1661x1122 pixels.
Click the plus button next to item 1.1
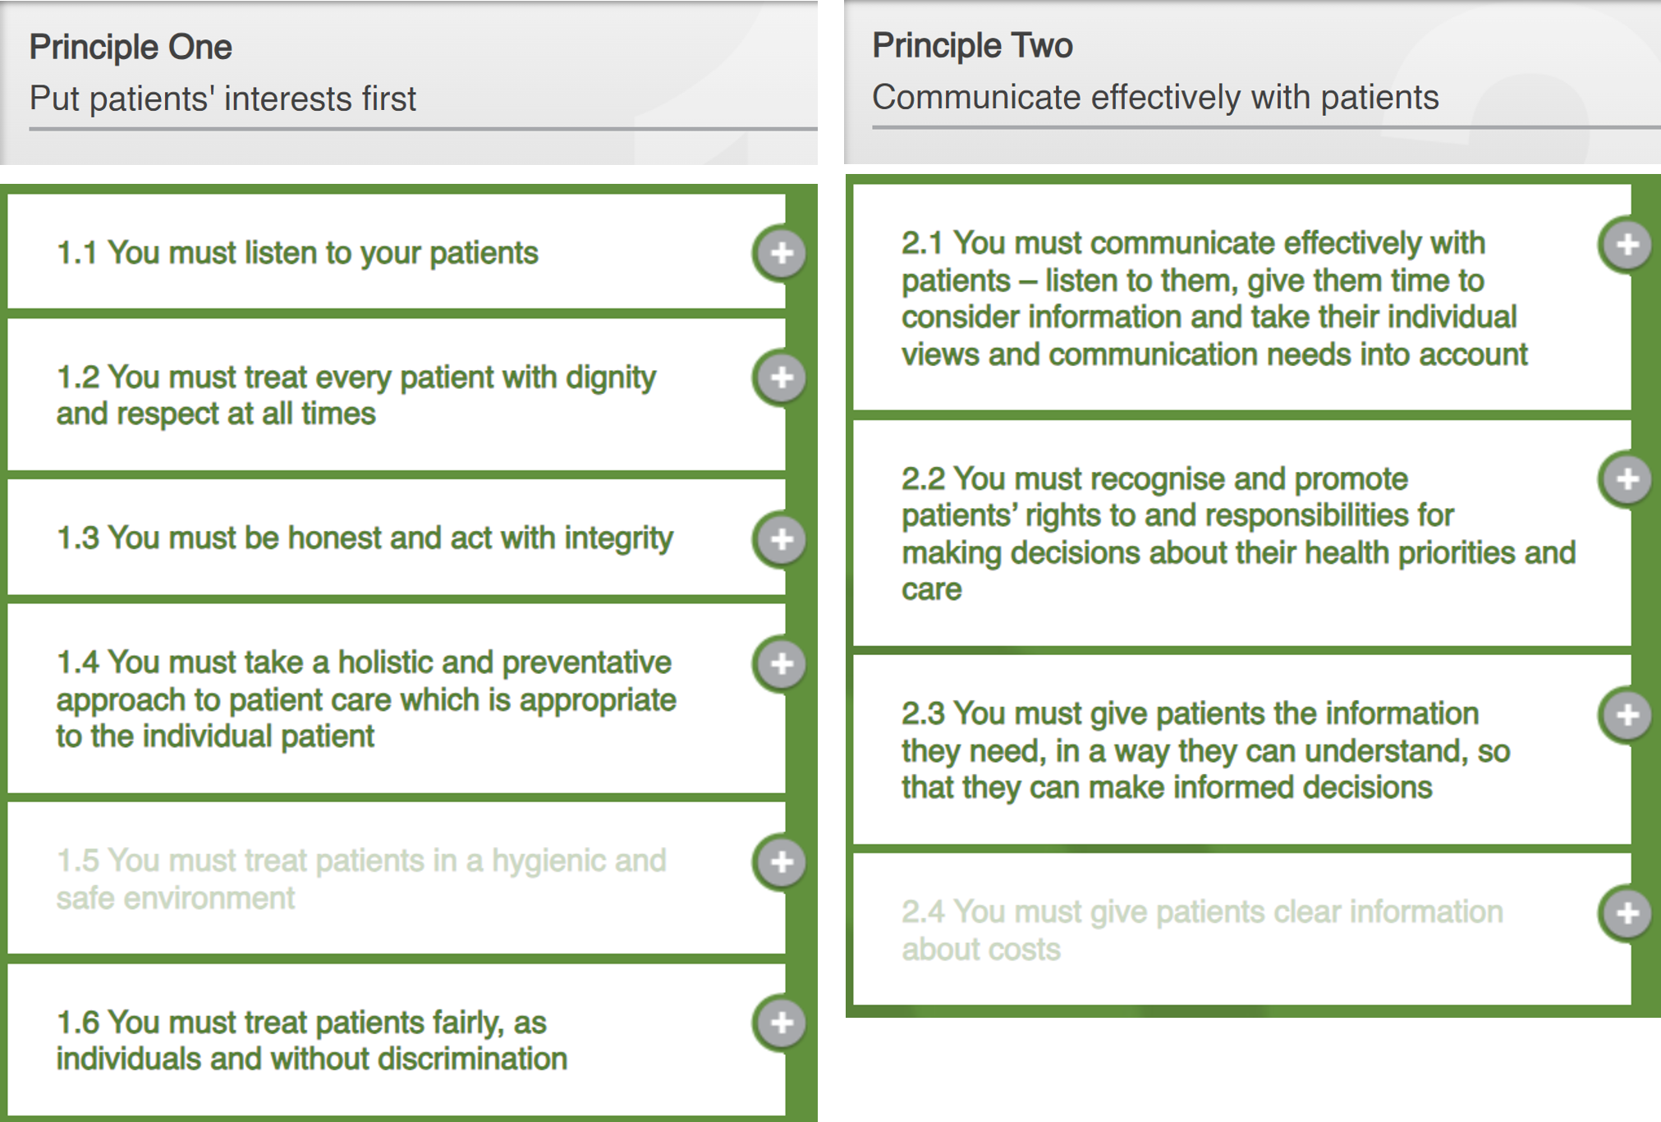coord(781,253)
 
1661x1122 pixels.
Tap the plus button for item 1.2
coord(781,378)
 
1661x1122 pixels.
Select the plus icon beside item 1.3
coord(781,539)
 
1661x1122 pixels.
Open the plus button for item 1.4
coord(781,663)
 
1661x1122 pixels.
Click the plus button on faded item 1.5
coord(781,862)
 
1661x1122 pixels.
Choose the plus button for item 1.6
coord(781,1023)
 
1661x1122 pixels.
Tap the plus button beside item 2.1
coord(1627,245)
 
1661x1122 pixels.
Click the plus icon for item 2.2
coord(1627,479)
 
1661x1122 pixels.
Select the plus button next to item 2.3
coord(1627,715)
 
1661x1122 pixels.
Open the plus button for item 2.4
coord(1627,913)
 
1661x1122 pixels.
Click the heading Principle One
coord(131,47)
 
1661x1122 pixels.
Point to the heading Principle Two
coord(972,45)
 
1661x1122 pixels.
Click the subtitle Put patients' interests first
coord(223,98)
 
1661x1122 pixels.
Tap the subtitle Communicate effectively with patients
coord(1154,97)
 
